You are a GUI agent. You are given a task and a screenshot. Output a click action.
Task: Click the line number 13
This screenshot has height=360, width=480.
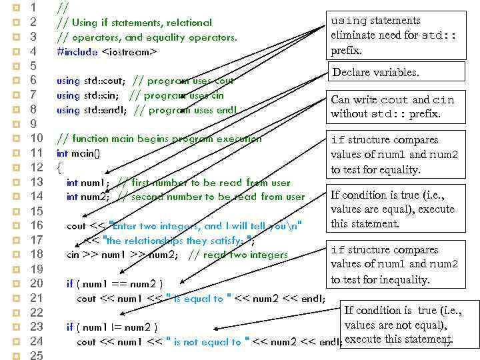pyautogui.click(x=37, y=182)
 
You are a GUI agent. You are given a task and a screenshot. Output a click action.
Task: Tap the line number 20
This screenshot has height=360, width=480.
pyautogui.click(x=37, y=283)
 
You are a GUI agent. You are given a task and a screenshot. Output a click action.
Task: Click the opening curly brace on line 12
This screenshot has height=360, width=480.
pyautogui.click(x=59, y=167)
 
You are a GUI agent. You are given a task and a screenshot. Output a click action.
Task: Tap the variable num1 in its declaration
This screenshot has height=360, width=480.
pyautogui.click(x=95, y=183)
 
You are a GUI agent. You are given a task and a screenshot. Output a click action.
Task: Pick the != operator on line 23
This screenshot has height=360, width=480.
pyautogui.click(x=125, y=327)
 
